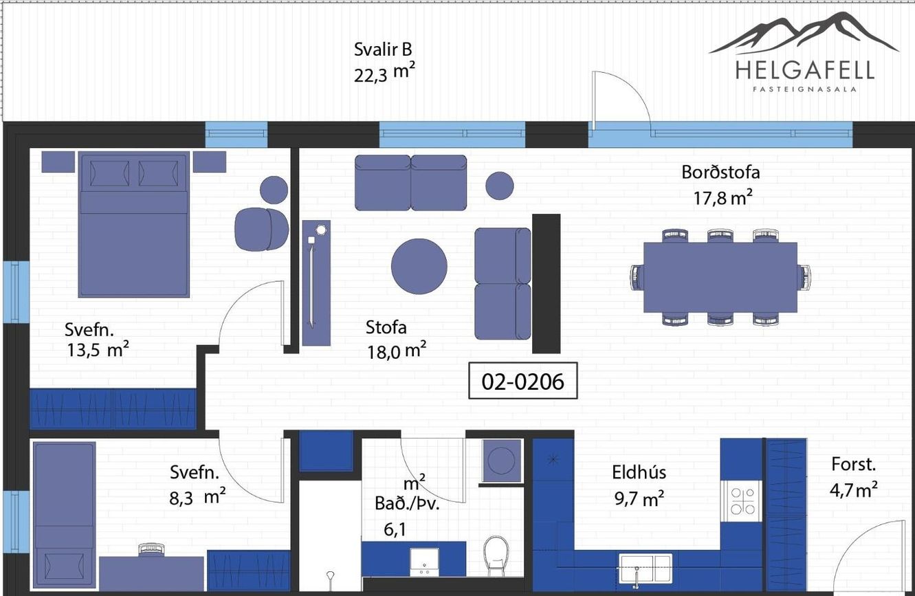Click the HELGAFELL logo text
pyautogui.click(x=805, y=70)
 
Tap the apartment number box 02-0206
pyautogui.click(x=523, y=380)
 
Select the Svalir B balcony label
pyautogui.click(x=383, y=49)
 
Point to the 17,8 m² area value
pyautogui.click(x=723, y=198)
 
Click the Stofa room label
pyautogui.click(x=386, y=327)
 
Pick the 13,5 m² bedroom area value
pyautogui.click(x=98, y=350)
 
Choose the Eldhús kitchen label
pyautogui.click(x=639, y=472)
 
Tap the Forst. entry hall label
pyautogui.click(x=853, y=464)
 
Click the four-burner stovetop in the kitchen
pyautogui.click(x=742, y=501)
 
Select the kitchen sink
pyautogui.click(x=645, y=568)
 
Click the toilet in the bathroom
pyautogui.click(x=496, y=555)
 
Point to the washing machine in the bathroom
pyautogui.click(x=502, y=461)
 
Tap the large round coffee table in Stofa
pyautogui.click(x=419, y=266)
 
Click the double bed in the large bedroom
pyautogui.click(x=133, y=224)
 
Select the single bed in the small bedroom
pyautogui.click(x=65, y=516)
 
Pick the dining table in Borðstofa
pyautogui.click(x=720, y=277)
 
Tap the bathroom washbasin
pyautogui.click(x=424, y=562)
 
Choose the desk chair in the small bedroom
pyautogui.click(x=151, y=549)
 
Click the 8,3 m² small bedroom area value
pyautogui.click(x=197, y=497)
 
